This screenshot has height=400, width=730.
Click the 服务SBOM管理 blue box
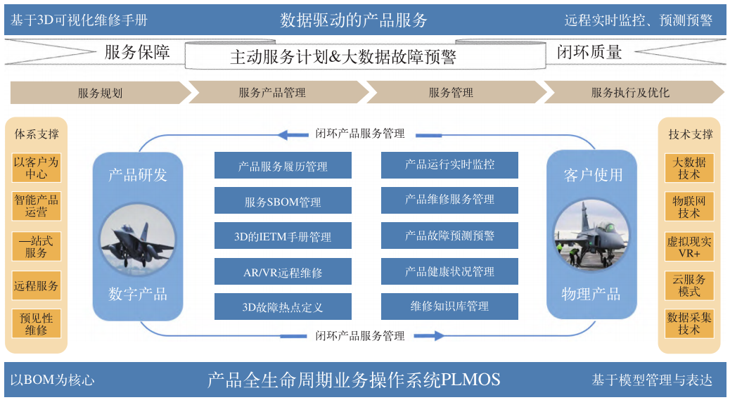tap(283, 202)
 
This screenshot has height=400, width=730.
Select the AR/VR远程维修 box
tap(283, 272)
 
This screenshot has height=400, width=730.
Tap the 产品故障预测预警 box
tap(449, 236)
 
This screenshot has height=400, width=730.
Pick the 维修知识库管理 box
tap(449, 307)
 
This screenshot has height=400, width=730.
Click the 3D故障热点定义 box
tap(283, 307)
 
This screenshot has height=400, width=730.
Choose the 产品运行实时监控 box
tap(449, 164)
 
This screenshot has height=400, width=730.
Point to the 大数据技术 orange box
tap(689, 168)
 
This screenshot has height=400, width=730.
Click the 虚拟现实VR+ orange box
tap(689, 247)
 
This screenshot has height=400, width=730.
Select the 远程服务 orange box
tap(37, 286)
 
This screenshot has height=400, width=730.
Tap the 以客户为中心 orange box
tap(37, 167)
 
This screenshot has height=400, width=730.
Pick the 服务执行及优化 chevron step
tap(630, 93)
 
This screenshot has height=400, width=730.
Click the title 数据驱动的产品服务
tap(354, 20)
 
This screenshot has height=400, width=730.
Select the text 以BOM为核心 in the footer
tap(52, 380)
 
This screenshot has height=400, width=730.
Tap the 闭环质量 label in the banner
tap(589, 52)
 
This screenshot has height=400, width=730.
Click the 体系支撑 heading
tap(37, 134)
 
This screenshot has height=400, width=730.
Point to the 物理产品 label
tap(591, 294)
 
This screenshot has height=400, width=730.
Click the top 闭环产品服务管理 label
tap(360, 134)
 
